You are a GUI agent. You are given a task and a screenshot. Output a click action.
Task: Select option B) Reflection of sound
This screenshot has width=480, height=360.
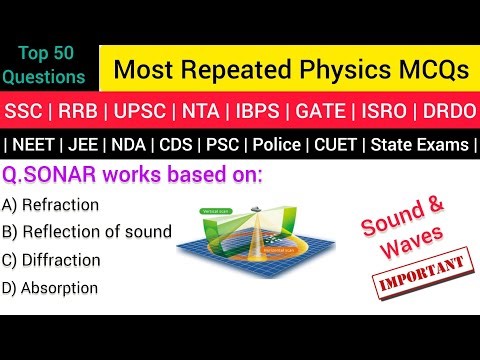tap(88, 232)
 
